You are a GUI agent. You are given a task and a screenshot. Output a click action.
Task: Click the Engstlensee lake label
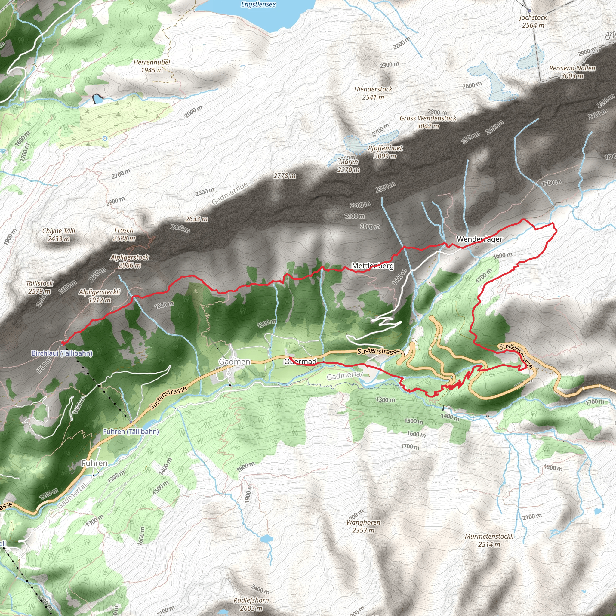pyautogui.click(x=258, y=4)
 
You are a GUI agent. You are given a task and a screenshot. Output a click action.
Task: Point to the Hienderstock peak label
pyautogui.click(x=373, y=90)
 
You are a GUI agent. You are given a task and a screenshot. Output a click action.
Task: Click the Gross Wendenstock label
pyautogui.click(x=428, y=118)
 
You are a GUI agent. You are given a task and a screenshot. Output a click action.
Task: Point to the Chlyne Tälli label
pyautogui.click(x=59, y=231)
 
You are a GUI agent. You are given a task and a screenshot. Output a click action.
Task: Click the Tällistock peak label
pyautogui.click(x=39, y=283)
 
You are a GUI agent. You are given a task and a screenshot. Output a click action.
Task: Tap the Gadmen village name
pyautogui.click(x=234, y=362)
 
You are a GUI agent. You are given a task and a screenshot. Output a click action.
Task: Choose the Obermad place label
pyautogui.click(x=300, y=362)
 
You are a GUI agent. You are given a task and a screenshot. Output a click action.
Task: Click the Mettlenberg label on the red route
pyautogui.click(x=373, y=266)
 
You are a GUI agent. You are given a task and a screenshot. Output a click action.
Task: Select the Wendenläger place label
pyautogui.click(x=479, y=239)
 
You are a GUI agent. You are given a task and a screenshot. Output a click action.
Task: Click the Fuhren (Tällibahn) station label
pyautogui.click(x=131, y=432)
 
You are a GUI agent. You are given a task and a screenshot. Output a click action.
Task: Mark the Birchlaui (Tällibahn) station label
pyautogui.click(x=62, y=353)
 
